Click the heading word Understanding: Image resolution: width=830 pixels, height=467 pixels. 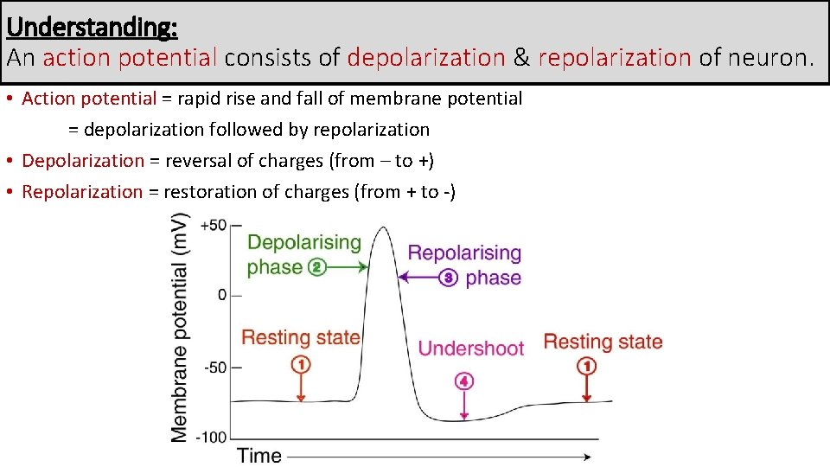click(92, 27)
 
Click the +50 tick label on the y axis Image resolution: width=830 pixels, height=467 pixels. click(213, 225)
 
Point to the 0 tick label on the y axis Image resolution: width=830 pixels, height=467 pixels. click(222, 295)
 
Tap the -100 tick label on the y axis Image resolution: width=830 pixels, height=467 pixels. click(211, 437)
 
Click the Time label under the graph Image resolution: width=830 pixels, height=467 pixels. click(259, 456)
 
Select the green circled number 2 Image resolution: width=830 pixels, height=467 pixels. click(317, 267)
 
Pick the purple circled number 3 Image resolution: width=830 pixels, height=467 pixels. click(448, 278)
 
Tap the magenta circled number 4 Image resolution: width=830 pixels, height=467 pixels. click(464, 381)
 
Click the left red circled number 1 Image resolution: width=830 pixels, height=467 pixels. click(300, 365)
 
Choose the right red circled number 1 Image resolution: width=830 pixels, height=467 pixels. click(586, 366)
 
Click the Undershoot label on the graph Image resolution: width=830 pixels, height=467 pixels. click(471, 349)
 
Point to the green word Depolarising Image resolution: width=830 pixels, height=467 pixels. click(303, 243)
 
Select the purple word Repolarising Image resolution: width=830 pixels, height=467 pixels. click(464, 253)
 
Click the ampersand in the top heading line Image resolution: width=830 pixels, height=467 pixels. click(521, 58)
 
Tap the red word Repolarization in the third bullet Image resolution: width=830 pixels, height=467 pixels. click(82, 191)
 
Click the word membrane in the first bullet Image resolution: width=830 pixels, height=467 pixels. click(386, 99)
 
